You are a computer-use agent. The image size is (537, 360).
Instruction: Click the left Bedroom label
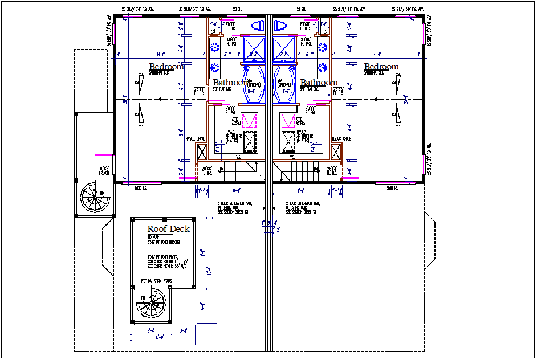pyautogui.click(x=166, y=67)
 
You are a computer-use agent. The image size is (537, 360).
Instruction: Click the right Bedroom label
pyautogui.click(x=381, y=67)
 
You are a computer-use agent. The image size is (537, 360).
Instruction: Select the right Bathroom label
pyautogui.click(x=319, y=83)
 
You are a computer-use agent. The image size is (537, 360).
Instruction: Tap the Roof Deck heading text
pyautogui.click(x=168, y=229)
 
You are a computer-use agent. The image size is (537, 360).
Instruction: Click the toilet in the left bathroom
pyautogui.click(x=257, y=26)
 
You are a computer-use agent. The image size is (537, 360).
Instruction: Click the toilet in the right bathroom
pyautogui.click(x=280, y=26)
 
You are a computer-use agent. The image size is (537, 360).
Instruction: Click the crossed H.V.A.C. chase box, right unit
pyautogui.click(x=337, y=152)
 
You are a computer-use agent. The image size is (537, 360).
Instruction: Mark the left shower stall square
pyautogui.click(x=253, y=48)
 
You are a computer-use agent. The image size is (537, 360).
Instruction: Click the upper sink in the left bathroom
pyautogui.click(x=215, y=48)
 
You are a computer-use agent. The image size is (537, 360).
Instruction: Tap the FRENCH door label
pyautogui.click(x=104, y=170)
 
